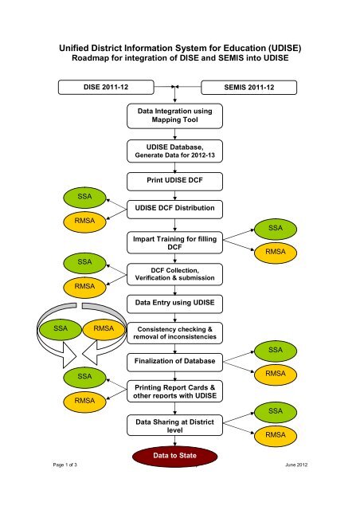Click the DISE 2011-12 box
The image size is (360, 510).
(106, 87)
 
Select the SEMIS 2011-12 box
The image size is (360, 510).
(248, 88)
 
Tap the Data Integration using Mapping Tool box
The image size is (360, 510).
(174, 116)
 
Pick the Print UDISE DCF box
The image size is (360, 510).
(174, 181)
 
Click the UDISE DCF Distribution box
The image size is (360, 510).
(174, 209)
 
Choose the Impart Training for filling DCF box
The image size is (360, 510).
(174, 242)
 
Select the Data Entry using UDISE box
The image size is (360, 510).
(174, 304)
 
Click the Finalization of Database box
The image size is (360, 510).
(174, 363)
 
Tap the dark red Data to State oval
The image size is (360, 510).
(174, 456)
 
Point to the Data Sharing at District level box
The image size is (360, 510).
(174, 425)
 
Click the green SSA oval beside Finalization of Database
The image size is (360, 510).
(276, 351)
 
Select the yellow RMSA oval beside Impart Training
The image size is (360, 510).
(276, 253)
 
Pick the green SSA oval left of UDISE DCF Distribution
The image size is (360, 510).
(84, 197)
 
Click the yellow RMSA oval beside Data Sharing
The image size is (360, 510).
(276, 436)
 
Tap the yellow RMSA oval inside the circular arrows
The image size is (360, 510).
(104, 329)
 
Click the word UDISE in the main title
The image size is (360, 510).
(284, 48)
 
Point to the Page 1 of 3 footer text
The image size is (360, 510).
(65, 465)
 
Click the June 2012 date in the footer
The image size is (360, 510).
(296, 465)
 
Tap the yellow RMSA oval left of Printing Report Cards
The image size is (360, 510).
(84, 402)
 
